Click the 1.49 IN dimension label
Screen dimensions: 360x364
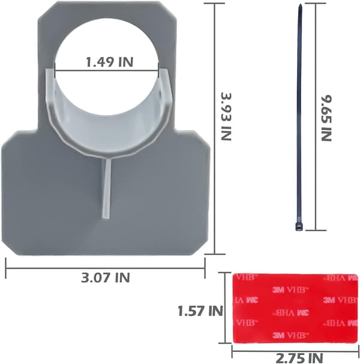click(110, 62)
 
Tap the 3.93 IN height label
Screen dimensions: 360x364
click(226, 117)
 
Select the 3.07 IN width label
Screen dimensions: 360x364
click(106, 278)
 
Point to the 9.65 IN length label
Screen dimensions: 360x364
click(326, 118)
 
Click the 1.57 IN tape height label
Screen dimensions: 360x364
click(200, 311)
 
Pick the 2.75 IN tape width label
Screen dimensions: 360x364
click(299, 358)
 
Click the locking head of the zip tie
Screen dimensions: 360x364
click(299, 226)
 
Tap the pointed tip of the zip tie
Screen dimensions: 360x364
click(300, 5)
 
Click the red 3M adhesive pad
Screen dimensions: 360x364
click(295, 308)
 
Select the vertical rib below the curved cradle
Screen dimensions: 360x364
click(107, 188)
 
